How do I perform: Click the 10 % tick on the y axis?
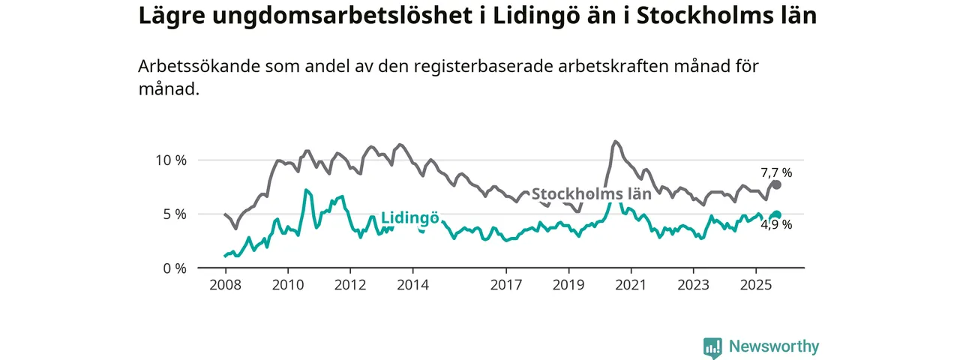click(170, 160)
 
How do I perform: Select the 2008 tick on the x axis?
click(225, 285)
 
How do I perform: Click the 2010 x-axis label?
click(287, 285)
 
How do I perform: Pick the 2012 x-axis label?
click(349, 285)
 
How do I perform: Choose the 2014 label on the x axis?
click(412, 285)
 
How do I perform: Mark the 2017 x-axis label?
click(506, 285)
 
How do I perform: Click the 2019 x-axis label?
click(568, 285)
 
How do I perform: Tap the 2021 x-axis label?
click(631, 285)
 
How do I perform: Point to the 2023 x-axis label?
click(693, 285)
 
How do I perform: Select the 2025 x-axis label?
click(755, 285)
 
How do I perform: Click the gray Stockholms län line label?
click(591, 193)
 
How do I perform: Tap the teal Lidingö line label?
click(409, 218)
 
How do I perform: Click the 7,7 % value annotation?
click(776, 172)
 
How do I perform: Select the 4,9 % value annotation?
click(776, 224)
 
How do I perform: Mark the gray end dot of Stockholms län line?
click(777, 184)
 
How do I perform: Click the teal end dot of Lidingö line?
click(777, 215)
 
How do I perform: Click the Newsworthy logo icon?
click(712, 346)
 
